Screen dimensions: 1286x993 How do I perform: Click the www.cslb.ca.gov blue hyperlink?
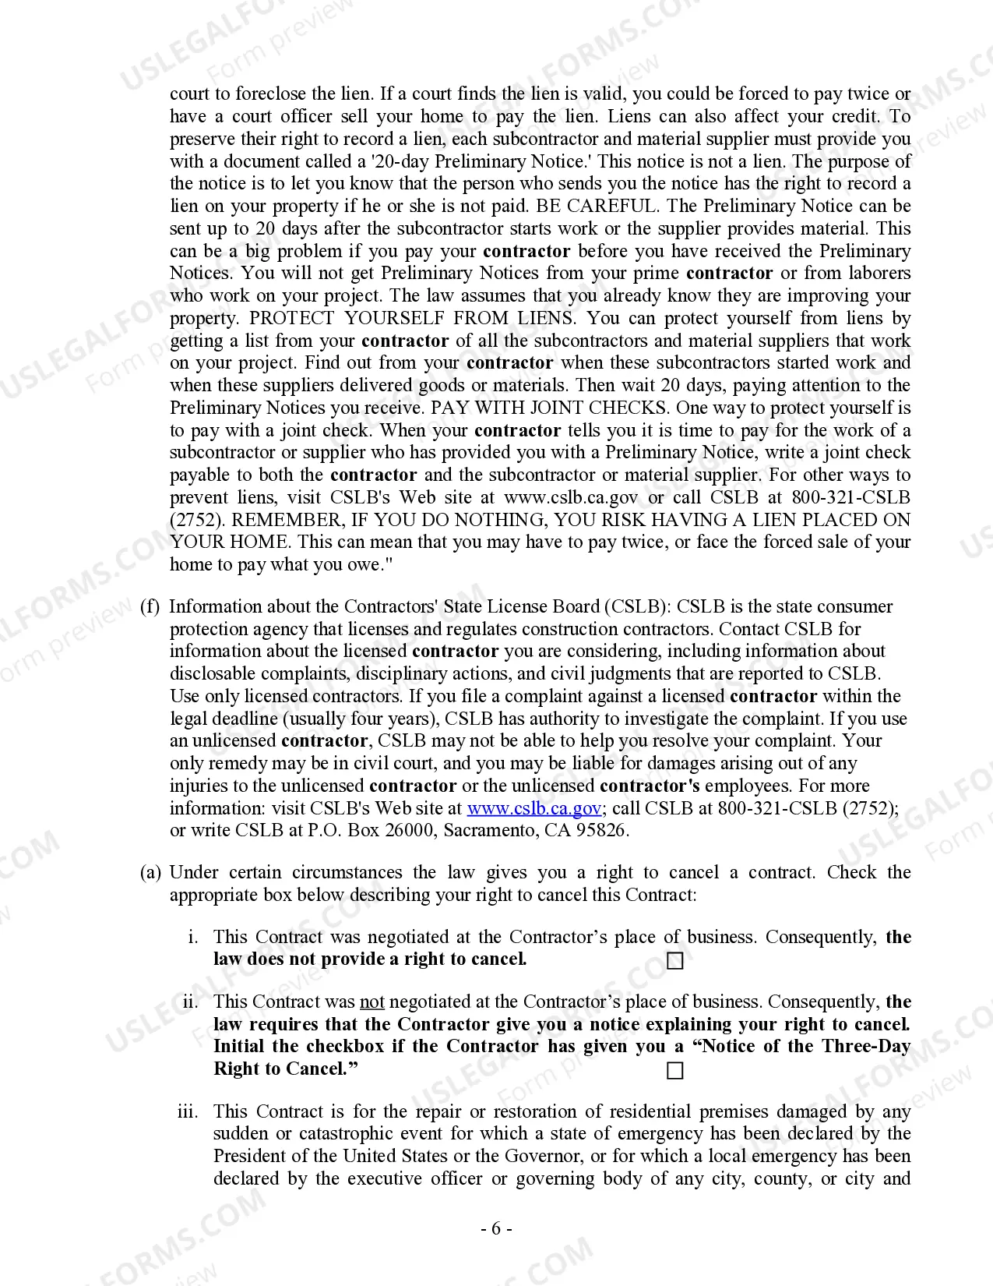coord(533,808)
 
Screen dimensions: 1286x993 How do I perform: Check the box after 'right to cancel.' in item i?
coord(675,961)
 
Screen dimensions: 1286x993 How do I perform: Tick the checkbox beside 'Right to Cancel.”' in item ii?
coord(675,1071)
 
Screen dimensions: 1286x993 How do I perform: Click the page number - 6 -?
coord(496,1229)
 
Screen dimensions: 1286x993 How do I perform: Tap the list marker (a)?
coord(150,872)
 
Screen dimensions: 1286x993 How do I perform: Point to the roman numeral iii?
coord(188,1111)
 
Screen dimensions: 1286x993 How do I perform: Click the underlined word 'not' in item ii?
coord(371,1002)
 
